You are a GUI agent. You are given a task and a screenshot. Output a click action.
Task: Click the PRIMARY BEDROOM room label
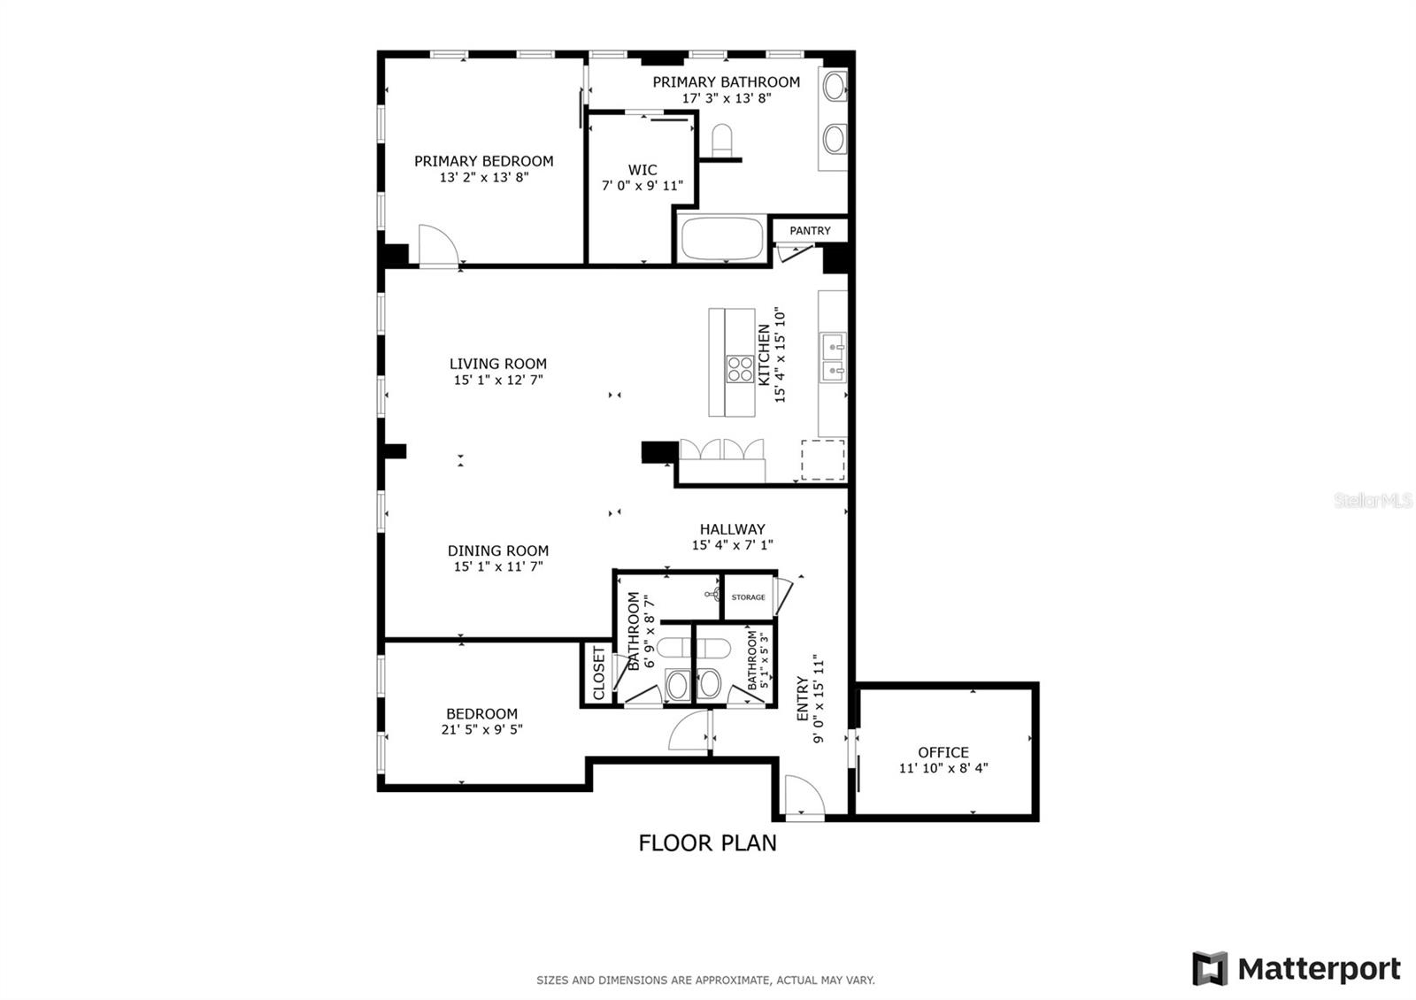pos(483,161)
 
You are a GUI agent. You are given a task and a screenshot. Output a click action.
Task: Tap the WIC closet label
pos(643,170)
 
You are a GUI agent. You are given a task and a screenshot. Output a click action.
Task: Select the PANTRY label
pos(810,231)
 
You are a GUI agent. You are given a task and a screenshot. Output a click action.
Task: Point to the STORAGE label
pos(749,597)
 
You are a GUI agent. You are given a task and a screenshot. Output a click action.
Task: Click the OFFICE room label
pos(943,752)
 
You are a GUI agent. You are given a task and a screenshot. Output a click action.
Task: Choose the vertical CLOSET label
pos(598,673)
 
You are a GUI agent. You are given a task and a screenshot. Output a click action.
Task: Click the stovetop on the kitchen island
pos(740,369)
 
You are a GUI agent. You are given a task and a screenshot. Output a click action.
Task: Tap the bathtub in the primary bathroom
pos(722,238)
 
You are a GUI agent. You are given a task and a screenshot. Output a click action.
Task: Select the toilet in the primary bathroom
pos(722,140)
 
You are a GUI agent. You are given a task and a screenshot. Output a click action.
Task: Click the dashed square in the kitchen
pos(823,460)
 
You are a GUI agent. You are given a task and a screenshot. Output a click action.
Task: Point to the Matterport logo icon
pos(1210,968)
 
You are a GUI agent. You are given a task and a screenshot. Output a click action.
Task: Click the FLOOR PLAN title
pos(707,843)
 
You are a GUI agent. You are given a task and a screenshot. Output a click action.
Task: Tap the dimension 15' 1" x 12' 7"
pos(498,380)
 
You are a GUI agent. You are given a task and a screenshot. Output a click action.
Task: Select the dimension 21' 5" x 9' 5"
pos(481,729)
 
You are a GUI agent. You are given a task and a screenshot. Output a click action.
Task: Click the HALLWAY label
pos(732,529)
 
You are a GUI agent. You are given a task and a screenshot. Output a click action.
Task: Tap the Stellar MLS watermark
pos(1373,501)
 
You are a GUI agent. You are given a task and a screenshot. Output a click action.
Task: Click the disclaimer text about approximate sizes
pos(705,981)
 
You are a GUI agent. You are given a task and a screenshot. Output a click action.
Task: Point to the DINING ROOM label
pos(498,550)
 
